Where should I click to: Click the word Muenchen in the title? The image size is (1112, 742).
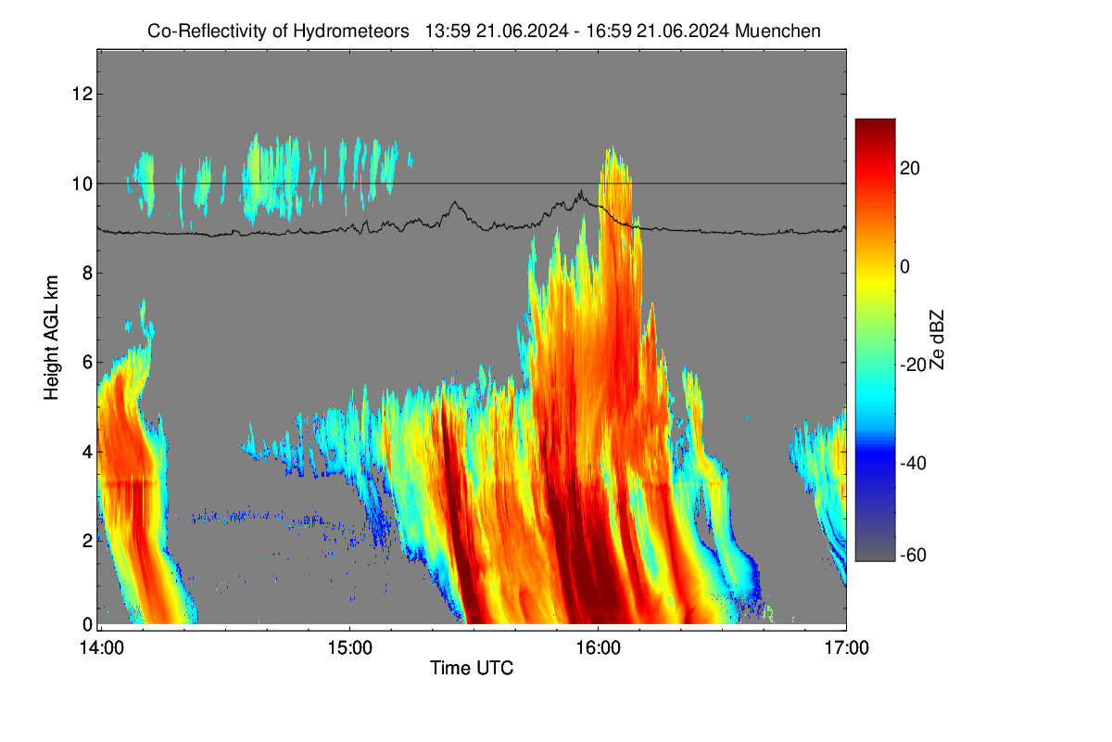click(x=777, y=31)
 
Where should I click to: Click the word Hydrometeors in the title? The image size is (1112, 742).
click(x=351, y=32)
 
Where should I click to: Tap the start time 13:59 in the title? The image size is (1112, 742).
click(x=448, y=31)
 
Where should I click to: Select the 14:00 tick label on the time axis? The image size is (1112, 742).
click(x=102, y=648)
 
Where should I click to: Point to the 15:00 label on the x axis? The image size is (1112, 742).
click(x=350, y=648)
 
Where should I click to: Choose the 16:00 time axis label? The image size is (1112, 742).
click(x=599, y=648)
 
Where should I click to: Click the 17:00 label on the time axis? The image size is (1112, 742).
click(x=846, y=648)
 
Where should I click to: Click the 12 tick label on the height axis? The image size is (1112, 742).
click(x=82, y=94)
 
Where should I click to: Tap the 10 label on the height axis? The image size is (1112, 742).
click(x=82, y=184)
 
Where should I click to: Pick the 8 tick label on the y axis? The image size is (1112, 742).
click(x=87, y=273)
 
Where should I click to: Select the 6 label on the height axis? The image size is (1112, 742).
click(x=87, y=363)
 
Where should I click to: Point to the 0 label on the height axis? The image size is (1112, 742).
click(x=87, y=624)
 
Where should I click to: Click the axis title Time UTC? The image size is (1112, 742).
click(x=472, y=668)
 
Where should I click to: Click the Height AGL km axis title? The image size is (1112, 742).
click(x=51, y=338)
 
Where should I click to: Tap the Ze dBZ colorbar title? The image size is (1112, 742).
click(x=936, y=340)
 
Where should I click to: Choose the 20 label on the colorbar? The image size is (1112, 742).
click(x=910, y=169)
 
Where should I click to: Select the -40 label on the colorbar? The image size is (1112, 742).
click(x=913, y=463)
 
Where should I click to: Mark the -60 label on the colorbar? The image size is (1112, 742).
click(x=913, y=556)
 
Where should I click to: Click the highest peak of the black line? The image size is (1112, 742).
click(x=580, y=190)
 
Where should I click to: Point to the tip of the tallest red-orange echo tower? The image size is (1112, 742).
click(x=613, y=147)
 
